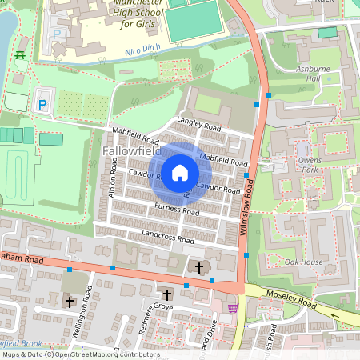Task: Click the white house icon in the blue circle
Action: pyautogui.click(x=180, y=172)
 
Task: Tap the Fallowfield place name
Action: pyautogui.click(x=132, y=151)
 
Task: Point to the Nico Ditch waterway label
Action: pyautogui.click(x=143, y=53)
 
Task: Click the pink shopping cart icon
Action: pyautogui.click(x=233, y=308)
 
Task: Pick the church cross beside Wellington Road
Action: pyautogui.click(x=70, y=302)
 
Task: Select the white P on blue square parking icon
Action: pyautogui.click(x=42, y=104)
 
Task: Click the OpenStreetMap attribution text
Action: pyautogui.click(x=80, y=354)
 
